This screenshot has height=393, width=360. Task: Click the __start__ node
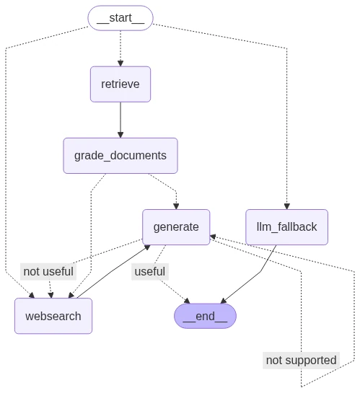point(120,18)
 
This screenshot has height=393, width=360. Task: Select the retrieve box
point(120,84)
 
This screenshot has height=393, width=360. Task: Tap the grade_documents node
point(120,156)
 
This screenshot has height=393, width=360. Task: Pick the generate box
point(176,227)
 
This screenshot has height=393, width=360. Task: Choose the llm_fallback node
point(286,227)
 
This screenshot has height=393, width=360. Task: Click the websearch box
point(53,316)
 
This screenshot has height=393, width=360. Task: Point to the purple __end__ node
point(205,316)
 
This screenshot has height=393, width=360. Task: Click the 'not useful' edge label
point(48,272)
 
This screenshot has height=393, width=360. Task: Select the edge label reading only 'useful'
point(149,272)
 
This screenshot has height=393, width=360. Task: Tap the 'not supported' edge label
point(301,360)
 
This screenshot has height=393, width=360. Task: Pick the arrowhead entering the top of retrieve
point(120,63)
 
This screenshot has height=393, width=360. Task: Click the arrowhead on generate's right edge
point(214,236)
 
